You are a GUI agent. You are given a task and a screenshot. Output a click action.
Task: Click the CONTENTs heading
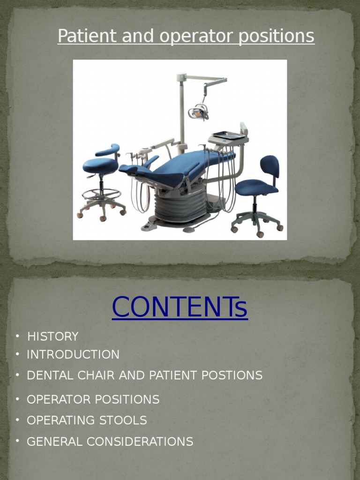180,307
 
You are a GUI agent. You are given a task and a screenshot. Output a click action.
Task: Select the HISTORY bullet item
52,337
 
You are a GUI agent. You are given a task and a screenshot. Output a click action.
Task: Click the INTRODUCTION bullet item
73,354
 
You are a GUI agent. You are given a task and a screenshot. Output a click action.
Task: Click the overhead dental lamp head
199,112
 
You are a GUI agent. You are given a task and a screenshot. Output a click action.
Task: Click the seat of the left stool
100,165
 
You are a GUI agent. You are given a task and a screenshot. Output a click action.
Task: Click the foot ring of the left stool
101,194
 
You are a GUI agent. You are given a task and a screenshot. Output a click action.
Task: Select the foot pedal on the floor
149,226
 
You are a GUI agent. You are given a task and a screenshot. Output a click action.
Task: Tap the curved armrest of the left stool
108,150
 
